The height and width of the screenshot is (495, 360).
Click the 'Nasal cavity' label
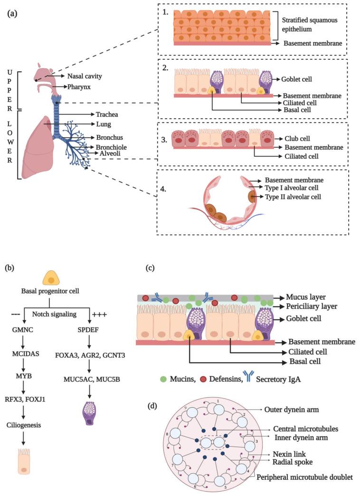[x=85, y=75]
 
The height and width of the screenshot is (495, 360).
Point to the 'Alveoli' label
[x=109, y=153]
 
